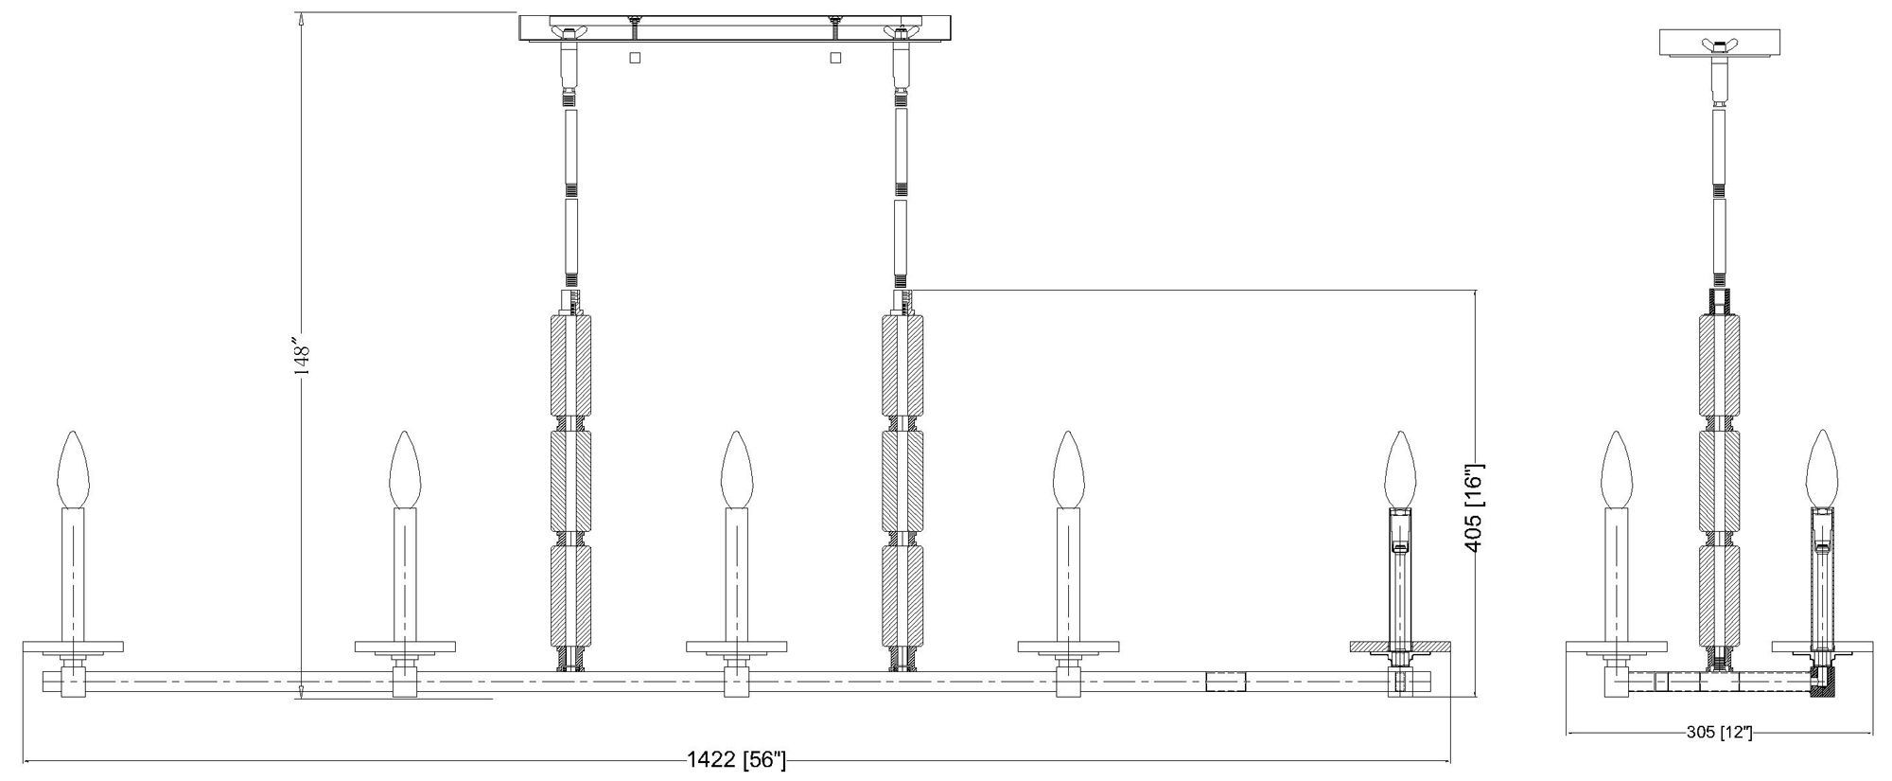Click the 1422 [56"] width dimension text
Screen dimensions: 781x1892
[x=736, y=760]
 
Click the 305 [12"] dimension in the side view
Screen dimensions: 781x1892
[x=1719, y=733]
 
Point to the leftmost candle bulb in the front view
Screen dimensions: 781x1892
[x=73, y=470]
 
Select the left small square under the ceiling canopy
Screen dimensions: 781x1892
[x=635, y=58]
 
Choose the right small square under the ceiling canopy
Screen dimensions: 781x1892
[x=834, y=58]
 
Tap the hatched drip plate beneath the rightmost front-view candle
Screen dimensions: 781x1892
[x=1399, y=647]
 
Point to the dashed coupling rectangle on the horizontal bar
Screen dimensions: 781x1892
[x=1226, y=682]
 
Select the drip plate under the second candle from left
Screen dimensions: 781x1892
[x=404, y=647]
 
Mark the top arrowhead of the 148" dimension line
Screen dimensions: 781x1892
[x=301, y=19]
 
